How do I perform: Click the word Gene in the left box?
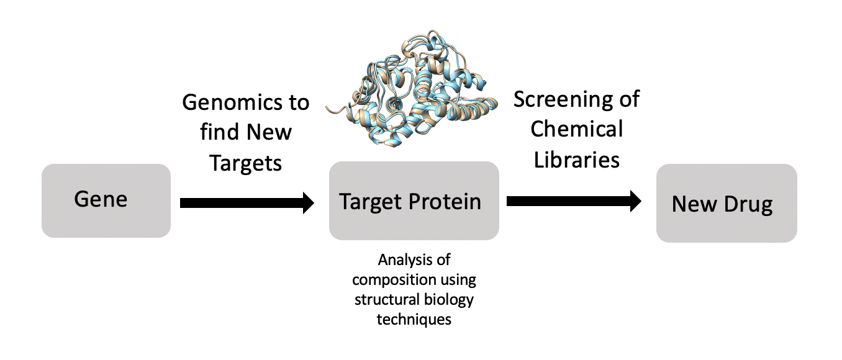click(x=101, y=199)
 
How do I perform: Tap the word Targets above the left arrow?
click(x=246, y=163)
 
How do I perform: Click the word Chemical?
click(x=576, y=129)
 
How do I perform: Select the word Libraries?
click(x=575, y=159)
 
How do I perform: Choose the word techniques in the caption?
click(x=414, y=320)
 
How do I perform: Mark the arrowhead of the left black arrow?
click(x=308, y=202)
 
